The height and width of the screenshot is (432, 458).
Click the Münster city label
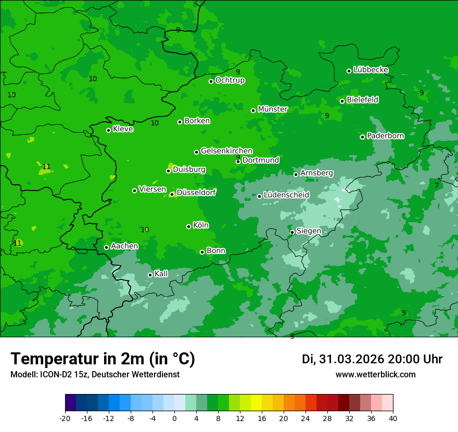point(273,109)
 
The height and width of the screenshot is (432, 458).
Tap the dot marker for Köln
point(188,226)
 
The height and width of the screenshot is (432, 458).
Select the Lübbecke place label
point(371,70)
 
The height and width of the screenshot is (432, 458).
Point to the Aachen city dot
point(106,247)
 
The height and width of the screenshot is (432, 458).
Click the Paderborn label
point(385,136)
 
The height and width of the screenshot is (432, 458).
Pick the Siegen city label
point(309,231)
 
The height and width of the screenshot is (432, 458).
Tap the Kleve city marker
point(108,130)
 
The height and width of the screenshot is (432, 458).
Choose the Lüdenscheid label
point(286,195)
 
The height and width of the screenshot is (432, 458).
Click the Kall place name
point(161,274)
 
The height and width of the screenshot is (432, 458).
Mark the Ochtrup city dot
point(211,81)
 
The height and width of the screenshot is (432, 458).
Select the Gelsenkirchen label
point(226,151)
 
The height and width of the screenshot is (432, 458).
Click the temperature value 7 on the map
point(437,185)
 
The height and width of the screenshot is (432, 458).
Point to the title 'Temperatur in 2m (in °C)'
point(103,359)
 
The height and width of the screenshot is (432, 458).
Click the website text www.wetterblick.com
point(375,375)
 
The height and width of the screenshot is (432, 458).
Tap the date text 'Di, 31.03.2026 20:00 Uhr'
point(372,359)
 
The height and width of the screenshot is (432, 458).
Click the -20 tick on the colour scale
point(65,418)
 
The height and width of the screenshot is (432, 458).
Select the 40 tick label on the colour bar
point(392,418)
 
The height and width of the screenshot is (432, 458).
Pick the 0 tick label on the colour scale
point(174,418)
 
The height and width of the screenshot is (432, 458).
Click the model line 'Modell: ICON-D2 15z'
point(95,375)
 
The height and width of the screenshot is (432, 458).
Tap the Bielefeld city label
point(362,100)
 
